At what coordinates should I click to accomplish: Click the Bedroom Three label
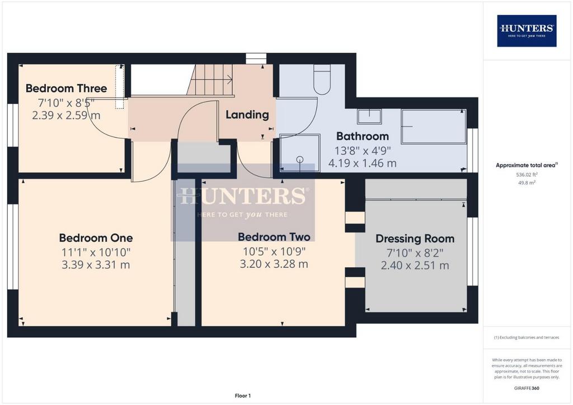pyautogui.click(x=66, y=88)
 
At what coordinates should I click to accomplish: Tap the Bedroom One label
pyautogui.click(x=96, y=238)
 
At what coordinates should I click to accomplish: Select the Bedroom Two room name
pyautogui.click(x=274, y=237)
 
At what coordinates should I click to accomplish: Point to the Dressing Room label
pyautogui.click(x=415, y=239)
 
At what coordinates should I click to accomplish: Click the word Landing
pyautogui.click(x=247, y=115)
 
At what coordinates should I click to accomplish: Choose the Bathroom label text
pyautogui.click(x=362, y=136)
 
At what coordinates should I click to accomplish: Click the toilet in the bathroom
pyautogui.click(x=322, y=79)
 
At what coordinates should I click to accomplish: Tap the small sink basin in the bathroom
pyautogui.click(x=369, y=116)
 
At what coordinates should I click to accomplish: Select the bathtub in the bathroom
pyautogui.click(x=434, y=126)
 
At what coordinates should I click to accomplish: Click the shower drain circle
pyautogui.click(x=300, y=159)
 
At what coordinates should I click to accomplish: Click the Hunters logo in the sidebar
pyautogui.click(x=527, y=31)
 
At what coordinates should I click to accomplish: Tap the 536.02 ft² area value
pyautogui.click(x=527, y=175)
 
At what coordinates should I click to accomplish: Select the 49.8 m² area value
pyautogui.click(x=527, y=182)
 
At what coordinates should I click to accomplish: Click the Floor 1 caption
pyautogui.click(x=243, y=396)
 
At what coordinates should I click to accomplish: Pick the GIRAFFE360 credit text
pyautogui.click(x=527, y=388)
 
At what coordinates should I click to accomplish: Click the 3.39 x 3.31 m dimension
pyautogui.click(x=96, y=265)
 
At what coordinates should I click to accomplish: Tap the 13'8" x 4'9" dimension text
pyautogui.click(x=363, y=150)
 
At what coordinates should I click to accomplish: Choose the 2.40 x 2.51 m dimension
pyautogui.click(x=415, y=266)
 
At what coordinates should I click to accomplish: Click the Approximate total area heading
pyautogui.click(x=527, y=165)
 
